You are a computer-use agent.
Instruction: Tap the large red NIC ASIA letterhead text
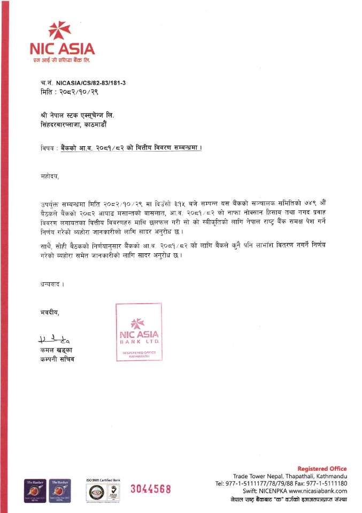coord(63,49)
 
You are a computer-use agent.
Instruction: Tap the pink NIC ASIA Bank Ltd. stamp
coord(139,333)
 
